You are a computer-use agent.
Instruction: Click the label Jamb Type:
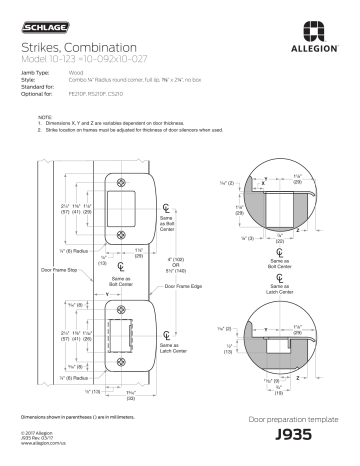point(33,73)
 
